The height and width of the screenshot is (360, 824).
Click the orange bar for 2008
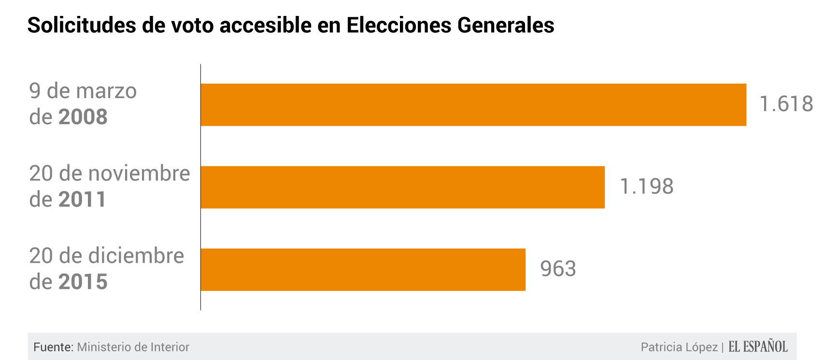(473, 105)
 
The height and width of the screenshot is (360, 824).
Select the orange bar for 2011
(402, 187)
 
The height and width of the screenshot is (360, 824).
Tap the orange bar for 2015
(363, 270)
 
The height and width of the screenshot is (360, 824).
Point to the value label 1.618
(786, 104)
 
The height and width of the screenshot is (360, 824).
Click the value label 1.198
(646, 187)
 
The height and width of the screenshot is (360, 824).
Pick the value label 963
(558, 269)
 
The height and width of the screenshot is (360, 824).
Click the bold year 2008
(83, 117)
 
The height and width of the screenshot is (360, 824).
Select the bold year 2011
(82, 200)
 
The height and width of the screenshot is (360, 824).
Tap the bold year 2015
(83, 282)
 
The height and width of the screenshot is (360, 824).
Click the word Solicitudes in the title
(82, 25)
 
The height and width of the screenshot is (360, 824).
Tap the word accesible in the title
(266, 25)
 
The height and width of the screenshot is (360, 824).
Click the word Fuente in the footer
(53, 347)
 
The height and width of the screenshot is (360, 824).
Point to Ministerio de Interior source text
(133, 347)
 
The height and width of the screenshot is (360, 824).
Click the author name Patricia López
(679, 347)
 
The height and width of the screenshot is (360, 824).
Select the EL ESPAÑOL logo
(758, 346)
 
